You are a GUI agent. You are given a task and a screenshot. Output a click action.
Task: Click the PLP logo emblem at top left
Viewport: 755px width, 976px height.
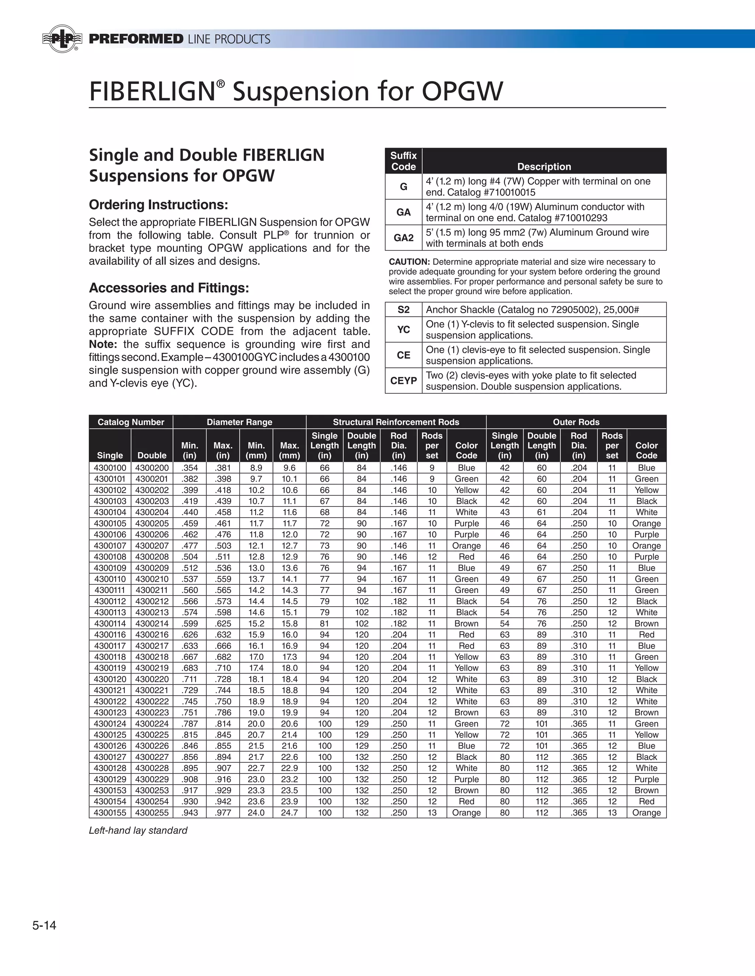[x=62, y=39]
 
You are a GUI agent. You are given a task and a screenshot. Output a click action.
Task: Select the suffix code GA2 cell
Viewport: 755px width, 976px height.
[x=403, y=238]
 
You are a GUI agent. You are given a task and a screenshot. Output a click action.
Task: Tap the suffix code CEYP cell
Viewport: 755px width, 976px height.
[x=403, y=381]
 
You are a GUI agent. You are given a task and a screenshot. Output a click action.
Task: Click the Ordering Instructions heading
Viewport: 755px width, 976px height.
[x=158, y=205]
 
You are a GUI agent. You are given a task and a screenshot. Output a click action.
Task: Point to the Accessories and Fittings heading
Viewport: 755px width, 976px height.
[x=168, y=288]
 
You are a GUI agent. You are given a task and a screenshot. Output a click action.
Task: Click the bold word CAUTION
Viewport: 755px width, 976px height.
[x=409, y=262]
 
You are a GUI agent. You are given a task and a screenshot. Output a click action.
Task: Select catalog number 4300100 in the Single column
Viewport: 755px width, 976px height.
[x=110, y=468]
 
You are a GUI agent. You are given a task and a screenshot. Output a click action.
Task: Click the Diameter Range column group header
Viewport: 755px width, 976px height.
[x=239, y=422]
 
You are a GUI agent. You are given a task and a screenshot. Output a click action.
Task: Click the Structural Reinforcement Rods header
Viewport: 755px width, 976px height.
[x=396, y=422]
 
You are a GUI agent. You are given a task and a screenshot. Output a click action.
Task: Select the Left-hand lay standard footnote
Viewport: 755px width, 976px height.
[x=138, y=830]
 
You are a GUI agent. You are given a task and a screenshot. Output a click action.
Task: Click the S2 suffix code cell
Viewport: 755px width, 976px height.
[x=403, y=310]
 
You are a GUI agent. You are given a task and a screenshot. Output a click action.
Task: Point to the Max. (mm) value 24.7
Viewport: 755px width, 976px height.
[x=289, y=812]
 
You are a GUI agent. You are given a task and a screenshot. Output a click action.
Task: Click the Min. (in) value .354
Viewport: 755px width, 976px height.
[x=189, y=468]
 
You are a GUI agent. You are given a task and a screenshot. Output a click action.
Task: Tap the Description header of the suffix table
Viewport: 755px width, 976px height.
[x=544, y=167]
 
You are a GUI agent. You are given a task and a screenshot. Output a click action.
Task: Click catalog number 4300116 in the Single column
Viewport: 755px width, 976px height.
[x=110, y=635]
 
